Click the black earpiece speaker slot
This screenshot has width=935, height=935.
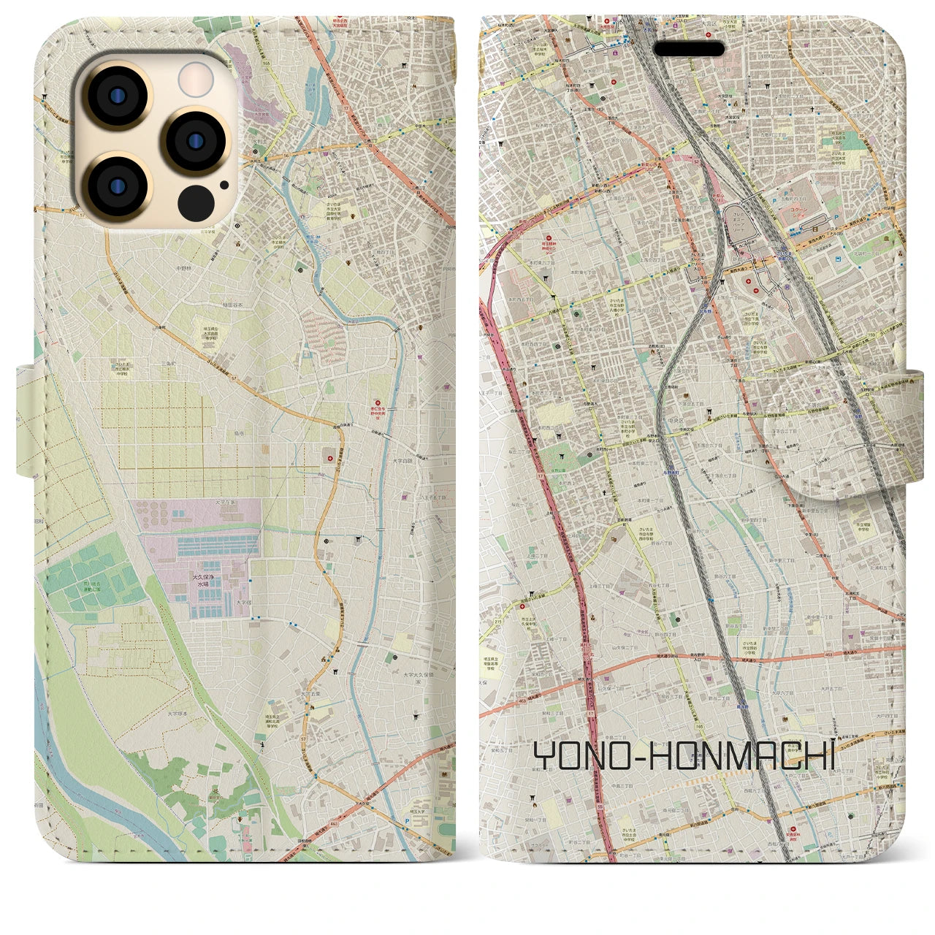[x=688, y=50]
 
